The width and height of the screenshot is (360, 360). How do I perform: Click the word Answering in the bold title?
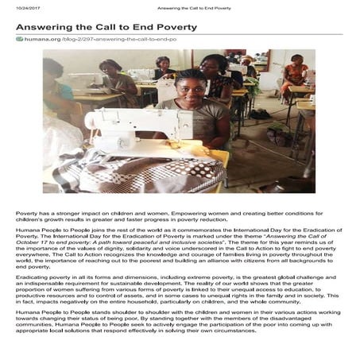45,26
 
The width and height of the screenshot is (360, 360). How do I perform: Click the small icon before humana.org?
19,40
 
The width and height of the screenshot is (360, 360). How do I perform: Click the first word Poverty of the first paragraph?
27,214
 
